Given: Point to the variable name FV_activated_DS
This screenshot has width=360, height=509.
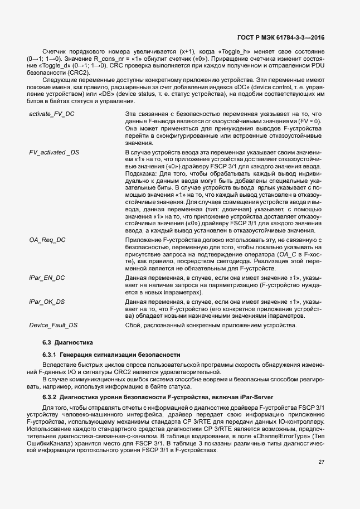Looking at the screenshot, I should click(x=54, y=152).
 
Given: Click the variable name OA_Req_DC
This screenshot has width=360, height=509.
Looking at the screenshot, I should click(x=47, y=239).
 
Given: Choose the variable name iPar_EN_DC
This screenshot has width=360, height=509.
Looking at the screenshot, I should click(x=47, y=277).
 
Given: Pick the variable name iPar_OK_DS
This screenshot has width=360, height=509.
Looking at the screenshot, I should click(x=47, y=302).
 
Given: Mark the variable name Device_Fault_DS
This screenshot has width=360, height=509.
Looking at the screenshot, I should click(x=53, y=325).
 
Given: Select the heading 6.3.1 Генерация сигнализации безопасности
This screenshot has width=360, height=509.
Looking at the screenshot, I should click(x=111, y=355).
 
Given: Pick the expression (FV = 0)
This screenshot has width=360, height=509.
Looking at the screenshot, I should click(x=308, y=122).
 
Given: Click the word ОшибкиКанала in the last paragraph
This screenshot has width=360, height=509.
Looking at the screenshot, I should click(x=48, y=444).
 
